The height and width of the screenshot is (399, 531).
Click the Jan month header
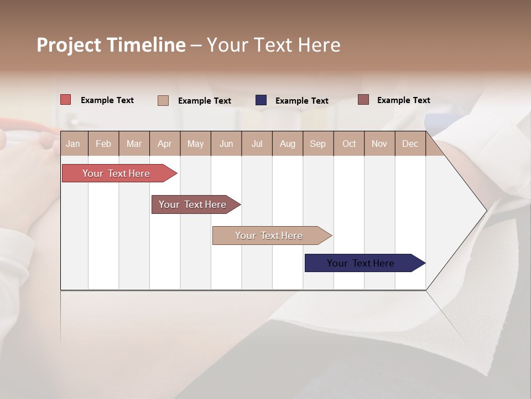[x=73, y=144]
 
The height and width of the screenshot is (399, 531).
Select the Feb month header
[x=103, y=144]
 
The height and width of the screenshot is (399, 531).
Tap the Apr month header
[x=165, y=144]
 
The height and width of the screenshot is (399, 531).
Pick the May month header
[x=195, y=144]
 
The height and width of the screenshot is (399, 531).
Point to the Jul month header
[x=257, y=144]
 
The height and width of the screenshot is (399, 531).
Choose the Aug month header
[x=288, y=144]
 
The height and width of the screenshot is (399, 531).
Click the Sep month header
[x=318, y=144]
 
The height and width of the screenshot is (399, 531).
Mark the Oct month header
[x=349, y=144]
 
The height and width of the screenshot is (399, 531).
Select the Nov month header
[x=379, y=144]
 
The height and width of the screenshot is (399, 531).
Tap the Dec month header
[x=410, y=144]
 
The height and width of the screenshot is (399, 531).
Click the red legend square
[x=66, y=100]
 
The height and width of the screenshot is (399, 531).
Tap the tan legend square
[x=163, y=100]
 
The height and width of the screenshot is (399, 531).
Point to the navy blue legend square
[x=261, y=100]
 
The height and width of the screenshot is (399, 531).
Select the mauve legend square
[x=363, y=100]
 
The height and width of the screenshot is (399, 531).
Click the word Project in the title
[x=68, y=45]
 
